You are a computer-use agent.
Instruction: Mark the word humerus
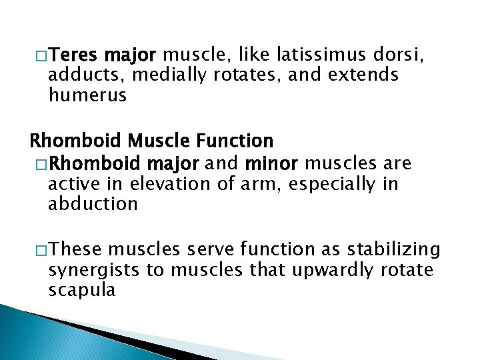click(87, 96)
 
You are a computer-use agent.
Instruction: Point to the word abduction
click(93, 205)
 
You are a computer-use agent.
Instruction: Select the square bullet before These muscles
click(40, 250)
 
